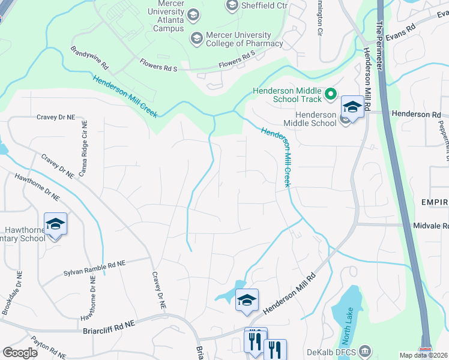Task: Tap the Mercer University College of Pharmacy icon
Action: [196, 38]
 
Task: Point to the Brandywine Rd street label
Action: [89, 58]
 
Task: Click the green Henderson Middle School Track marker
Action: [330, 94]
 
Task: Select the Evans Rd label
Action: [400, 33]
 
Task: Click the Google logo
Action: [20, 352]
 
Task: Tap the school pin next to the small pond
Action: [247, 300]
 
